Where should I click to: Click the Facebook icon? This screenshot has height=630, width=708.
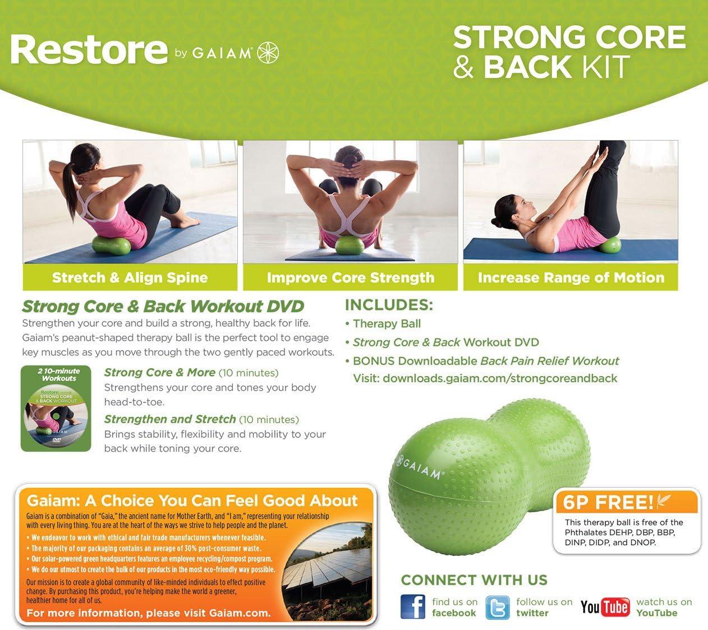point(413,606)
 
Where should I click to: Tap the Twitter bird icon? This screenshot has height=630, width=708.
point(497,608)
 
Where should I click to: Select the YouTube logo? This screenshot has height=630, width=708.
point(605,608)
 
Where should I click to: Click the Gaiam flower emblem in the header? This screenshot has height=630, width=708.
point(268,53)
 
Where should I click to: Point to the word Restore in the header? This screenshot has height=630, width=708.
point(89,49)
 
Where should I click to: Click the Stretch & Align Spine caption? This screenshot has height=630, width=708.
point(130,277)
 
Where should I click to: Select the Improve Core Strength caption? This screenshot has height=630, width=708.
point(351,277)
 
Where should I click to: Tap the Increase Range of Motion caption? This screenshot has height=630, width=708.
point(571,277)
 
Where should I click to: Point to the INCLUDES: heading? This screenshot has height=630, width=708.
point(389,305)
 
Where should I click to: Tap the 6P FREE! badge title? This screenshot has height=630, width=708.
point(608,502)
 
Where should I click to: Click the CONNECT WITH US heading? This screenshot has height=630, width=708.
point(474,580)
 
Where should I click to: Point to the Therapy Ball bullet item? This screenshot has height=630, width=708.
point(387,324)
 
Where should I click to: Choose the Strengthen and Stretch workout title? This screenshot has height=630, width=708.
point(170,419)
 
